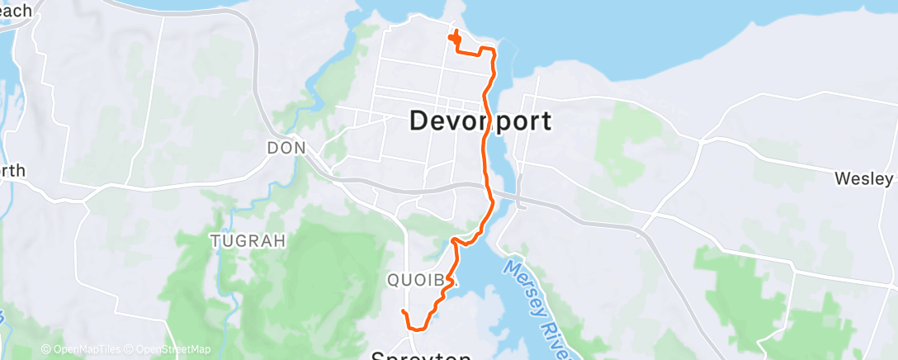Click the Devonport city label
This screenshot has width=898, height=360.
pyautogui.click(x=480, y=121)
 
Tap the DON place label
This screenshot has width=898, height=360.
pyautogui.click(x=286, y=149)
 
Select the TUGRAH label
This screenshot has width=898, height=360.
pyautogui.click(x=248, y=241)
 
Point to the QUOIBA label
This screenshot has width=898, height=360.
pyautogui.click(x=417, y=279)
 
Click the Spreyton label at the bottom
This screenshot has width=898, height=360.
pyautogui.click(x=421, y=356)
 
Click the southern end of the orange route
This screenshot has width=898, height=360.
pyautogui.click(x=403, y=311)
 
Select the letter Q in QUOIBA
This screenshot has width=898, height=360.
pyautogui.click(x=393, y=279)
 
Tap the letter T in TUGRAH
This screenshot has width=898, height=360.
pyautogui.click(x=215, y=241)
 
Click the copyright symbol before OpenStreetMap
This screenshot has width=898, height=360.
pyautogui.click(x=130, y=349)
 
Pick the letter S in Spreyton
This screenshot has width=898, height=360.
pyautogui.click(x=378, y=356)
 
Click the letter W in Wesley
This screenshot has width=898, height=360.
pyautogui.click(x=842, y=178)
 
